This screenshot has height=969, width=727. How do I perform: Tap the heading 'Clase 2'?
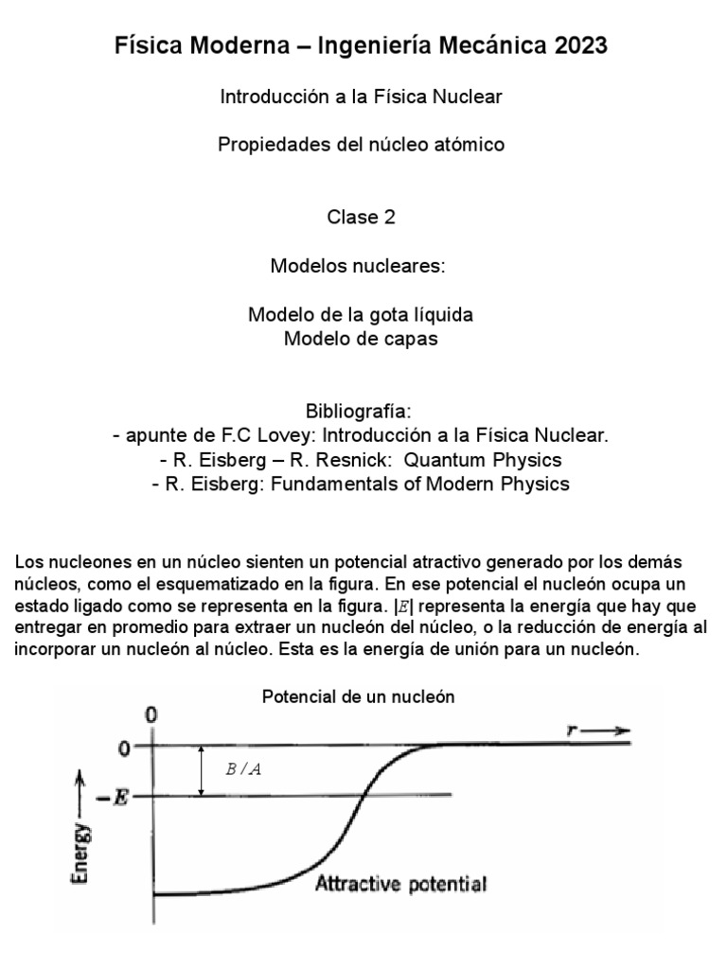point(361,217)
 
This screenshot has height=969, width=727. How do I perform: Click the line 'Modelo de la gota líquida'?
point(361,314)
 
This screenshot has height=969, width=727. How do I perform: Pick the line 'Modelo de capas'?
point(361,339)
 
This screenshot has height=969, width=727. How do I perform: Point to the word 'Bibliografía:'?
point(361,413)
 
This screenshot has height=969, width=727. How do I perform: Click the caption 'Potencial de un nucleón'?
point(359,696)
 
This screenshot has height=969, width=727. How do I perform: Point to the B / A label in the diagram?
point(243,769)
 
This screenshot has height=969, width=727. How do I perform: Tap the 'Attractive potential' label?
point(400,886)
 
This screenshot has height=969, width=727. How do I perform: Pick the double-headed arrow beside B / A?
point(201,769)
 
